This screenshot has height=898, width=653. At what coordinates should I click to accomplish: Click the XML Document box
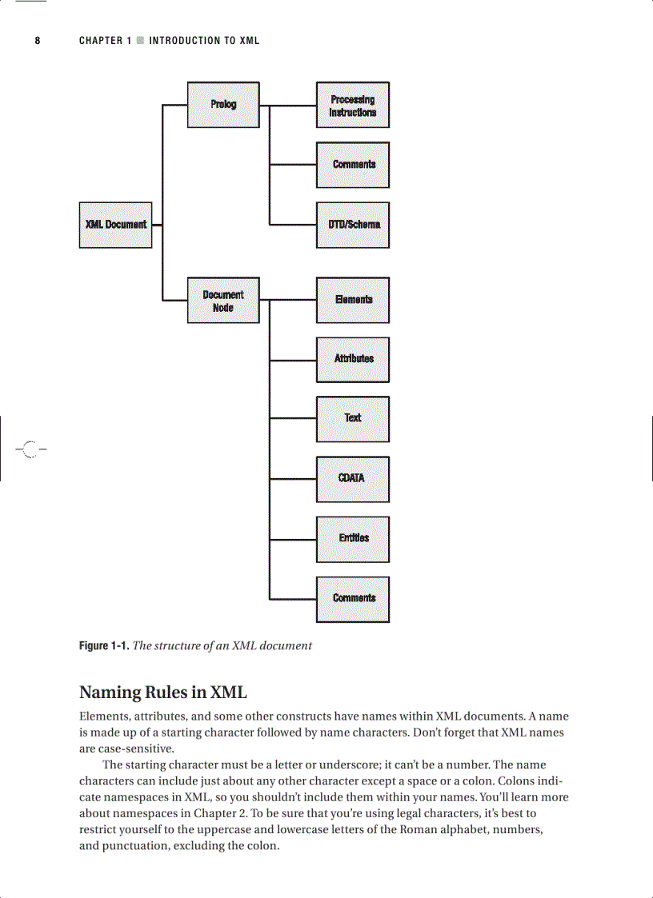(115, 225)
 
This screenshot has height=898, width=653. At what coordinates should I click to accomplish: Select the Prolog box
(223, 105)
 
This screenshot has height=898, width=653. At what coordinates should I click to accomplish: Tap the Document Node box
(223, 301)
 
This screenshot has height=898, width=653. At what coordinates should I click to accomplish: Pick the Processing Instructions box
(353, 106)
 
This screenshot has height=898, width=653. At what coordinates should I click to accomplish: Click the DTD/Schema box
(353, 225)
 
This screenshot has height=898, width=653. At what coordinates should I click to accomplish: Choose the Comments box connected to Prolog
(353, 165)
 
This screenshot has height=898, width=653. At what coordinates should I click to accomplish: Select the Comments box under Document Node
(353, 599)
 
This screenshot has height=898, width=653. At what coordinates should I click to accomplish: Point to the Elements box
(353, 300)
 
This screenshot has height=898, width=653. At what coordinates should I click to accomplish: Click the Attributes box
(353, 359)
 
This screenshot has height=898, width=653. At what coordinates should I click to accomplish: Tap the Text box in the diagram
(353, 419)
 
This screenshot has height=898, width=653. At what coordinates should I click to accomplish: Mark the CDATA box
(353, 479)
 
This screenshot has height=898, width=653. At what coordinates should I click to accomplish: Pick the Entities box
(353, 539)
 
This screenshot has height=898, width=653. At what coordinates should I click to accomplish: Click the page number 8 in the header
(37, 41)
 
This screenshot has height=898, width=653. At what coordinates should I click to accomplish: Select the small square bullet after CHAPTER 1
(140, 41)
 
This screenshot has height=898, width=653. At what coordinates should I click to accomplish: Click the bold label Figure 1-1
(103, 645)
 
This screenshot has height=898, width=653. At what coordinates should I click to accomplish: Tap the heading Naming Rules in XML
(162, 692)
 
